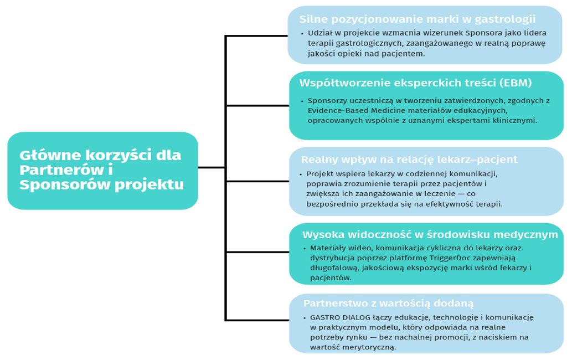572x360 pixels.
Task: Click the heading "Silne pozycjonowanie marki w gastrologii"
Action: coord(418,19)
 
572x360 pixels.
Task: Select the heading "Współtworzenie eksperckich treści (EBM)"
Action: coord(415,84)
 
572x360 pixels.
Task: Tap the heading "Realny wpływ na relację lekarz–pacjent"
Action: coord(409,160)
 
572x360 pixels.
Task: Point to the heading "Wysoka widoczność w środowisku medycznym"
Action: coord(430,235)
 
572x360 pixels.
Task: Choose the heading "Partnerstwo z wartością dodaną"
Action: coord(388,304)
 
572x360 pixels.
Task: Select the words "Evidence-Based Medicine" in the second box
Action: coord(356,110)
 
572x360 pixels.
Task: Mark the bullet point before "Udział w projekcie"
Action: coord(302,34)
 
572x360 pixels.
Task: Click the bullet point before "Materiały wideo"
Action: coord(304,249)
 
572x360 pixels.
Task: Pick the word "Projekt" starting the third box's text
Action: coord(318,174)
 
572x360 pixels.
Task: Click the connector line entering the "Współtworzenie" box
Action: coord(257,105)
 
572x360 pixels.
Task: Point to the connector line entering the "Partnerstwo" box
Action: coord(257,320)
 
